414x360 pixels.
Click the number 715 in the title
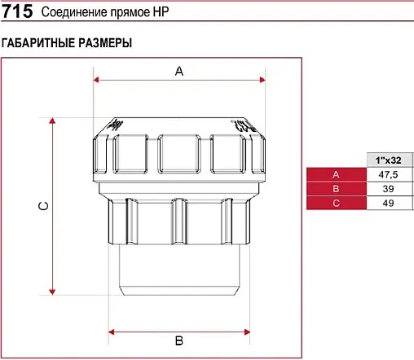(18, 12)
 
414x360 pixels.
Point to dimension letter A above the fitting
(179, 72)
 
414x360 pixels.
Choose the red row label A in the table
(336, 175)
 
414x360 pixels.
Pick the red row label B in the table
(336, 188)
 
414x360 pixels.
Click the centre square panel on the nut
(179, 153)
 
